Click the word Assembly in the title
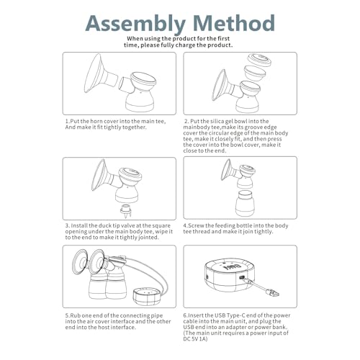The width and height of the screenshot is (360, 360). coord(135,24)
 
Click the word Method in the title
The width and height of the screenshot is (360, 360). coord(234,23)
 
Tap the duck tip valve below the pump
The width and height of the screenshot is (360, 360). coord(126,211)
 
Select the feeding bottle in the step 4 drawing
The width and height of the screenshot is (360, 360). coord(245,203)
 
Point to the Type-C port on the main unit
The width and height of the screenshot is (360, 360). coord(242,278)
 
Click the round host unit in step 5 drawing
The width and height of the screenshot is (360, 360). coord(147,297)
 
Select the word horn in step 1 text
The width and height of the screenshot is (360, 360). coord(96,121)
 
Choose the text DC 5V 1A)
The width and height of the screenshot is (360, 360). coord(195,339)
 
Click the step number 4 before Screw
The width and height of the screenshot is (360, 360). coord(185,225)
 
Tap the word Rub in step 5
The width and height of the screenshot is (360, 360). coord(76,315)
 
